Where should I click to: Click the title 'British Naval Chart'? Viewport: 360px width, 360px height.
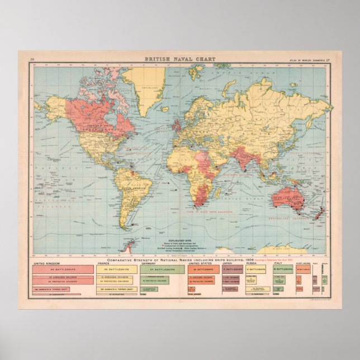(x=179, y=58)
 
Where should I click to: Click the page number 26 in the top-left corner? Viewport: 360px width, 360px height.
(x=32, y=58)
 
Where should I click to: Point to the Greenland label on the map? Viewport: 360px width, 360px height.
(x=148, y=88)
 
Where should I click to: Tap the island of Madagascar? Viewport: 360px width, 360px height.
(x=222, y=190)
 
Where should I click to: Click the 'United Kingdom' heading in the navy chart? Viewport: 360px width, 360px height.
(x=47, y=262)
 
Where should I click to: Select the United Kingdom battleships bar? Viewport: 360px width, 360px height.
(x=63, y=269)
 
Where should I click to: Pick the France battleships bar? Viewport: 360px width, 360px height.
(x=117, y=269)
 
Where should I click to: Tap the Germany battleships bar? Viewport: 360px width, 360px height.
(x=162, y=269)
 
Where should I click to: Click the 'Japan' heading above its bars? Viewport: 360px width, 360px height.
(x=228, y=262)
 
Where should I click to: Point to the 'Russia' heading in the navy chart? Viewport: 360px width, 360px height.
(x=251, y=262)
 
